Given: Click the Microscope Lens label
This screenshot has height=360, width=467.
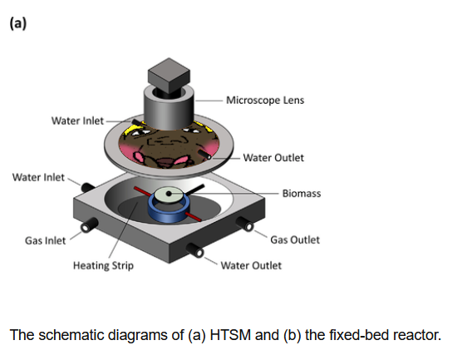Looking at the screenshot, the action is pos(265,101).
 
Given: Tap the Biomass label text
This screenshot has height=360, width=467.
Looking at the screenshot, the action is pos(302,194).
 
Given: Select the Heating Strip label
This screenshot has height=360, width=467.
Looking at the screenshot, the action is pos(103,265).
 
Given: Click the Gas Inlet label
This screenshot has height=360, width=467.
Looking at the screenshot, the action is pos(45,240).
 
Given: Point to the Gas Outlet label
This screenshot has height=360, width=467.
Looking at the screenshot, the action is pos(295,239).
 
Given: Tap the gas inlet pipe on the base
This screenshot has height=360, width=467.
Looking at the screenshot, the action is pos(89,225).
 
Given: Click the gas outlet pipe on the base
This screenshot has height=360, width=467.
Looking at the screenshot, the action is pos(245,224).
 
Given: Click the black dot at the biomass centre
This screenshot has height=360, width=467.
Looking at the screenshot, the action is pos(169,194).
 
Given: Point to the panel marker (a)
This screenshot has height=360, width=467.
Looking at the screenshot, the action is pos(18,23).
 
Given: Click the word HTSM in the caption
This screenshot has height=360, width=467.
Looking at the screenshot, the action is pos(230,335).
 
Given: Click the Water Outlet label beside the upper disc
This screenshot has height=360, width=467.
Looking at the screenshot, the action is pos(273,158).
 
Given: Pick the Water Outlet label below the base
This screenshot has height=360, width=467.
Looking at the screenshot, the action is pos(251,265).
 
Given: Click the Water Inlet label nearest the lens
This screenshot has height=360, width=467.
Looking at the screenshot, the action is pos(77,121).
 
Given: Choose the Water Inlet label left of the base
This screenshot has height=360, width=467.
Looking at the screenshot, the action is pos(38,177).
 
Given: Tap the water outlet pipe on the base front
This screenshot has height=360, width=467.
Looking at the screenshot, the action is pos(195,249).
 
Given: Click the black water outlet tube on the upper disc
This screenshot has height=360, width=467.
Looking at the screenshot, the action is pos(204,155).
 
